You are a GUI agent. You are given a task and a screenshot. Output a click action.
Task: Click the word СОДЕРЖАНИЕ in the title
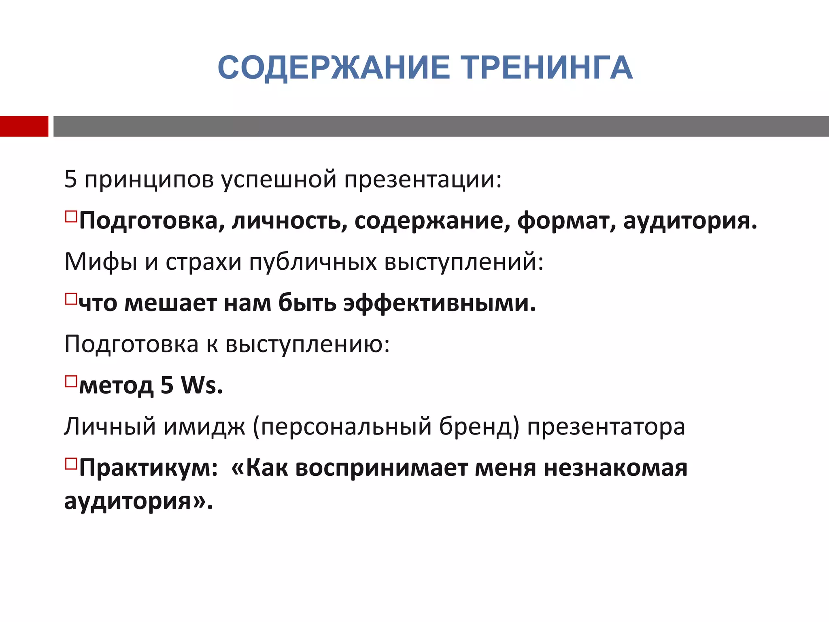pos(334,68)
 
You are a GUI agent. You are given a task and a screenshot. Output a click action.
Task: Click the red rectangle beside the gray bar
pos(24,126)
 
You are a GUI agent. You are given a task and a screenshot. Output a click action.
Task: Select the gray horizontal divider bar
pos(441,126)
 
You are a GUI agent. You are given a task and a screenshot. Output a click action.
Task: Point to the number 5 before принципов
pos(70,179)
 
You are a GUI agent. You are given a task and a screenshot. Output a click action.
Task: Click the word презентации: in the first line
pos(423,180)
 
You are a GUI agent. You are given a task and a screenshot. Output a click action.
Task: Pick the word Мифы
pos(101,262)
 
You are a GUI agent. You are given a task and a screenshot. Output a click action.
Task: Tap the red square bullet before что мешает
pos(71,299)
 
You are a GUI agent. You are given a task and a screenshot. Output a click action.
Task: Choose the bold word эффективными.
pos(440,303)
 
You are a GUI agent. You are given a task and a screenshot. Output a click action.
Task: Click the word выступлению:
pos(307,345)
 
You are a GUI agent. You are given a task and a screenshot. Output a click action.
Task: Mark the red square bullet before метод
pos(71,381)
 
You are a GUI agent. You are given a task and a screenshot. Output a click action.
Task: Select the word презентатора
pos(606,427)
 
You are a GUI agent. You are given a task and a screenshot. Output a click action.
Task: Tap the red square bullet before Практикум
pos(71,463)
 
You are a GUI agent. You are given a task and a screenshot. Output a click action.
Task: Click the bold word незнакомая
pos(615,468)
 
